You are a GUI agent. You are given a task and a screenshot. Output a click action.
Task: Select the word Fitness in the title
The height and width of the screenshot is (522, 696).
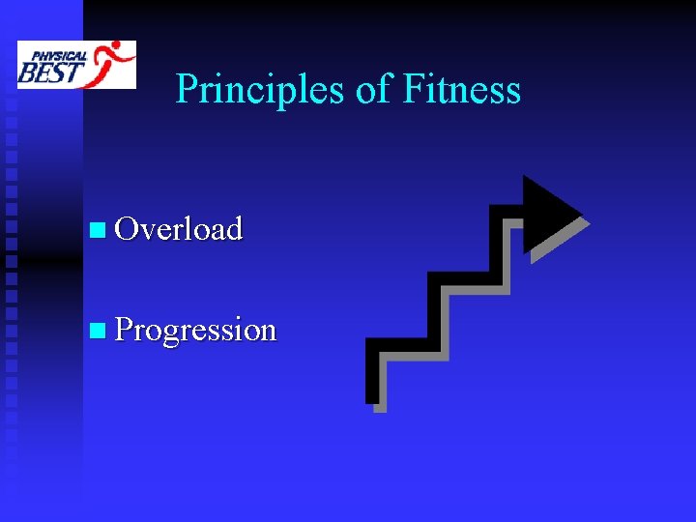point(462,90)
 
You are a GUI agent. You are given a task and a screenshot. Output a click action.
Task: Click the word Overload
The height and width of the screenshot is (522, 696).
point(178,229)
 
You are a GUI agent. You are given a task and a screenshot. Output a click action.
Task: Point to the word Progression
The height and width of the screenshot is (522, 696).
point(195,330)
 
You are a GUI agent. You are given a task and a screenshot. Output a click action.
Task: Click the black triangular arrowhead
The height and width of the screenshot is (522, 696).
point(546,213)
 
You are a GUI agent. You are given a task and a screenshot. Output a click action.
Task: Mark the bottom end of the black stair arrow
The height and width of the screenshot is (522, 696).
point(372,391)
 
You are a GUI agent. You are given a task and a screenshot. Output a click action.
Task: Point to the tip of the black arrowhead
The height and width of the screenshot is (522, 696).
point(582,212)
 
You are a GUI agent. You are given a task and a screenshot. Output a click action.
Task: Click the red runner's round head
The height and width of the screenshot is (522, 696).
point(118,46)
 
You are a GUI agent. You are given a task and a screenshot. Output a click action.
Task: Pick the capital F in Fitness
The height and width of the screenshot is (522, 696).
point(410,90)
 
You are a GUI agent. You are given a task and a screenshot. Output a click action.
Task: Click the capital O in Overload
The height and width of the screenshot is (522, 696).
point(126,229)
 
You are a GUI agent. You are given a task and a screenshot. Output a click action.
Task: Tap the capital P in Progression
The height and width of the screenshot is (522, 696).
point(124,330)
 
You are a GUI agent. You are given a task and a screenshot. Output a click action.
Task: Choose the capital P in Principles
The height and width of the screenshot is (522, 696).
point(187,90)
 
